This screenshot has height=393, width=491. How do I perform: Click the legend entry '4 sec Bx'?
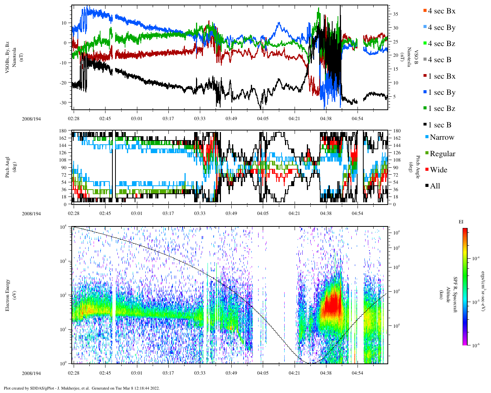pyautogui.click(x=442, y=11)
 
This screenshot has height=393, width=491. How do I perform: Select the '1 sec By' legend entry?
pyautogui.click(x=442, y=92)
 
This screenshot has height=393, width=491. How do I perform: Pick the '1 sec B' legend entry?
pyautogui.click(x=440, y=125)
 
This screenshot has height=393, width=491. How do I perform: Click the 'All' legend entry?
pyautogui.click(x=435, y=186)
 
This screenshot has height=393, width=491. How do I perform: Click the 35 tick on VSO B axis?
pyautogui.click(x=395, y=14)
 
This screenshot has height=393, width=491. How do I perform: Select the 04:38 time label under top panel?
pyautogui.click(x=326, y=119)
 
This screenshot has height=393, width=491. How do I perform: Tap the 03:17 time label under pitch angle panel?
pyautogui.click(x=168, y=213)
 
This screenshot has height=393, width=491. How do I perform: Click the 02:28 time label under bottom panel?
pyautogui.click(x=74, y=373)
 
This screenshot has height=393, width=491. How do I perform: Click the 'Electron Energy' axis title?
pyautogui.click(x=7, y=295)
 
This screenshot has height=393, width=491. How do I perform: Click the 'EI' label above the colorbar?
pyautogui.click(x=461, y=222)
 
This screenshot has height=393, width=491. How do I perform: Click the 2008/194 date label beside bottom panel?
pyautogui.click(x=31, y=373)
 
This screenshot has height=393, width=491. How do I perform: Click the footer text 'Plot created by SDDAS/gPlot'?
pyautogui.click(x=81, y=388)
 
